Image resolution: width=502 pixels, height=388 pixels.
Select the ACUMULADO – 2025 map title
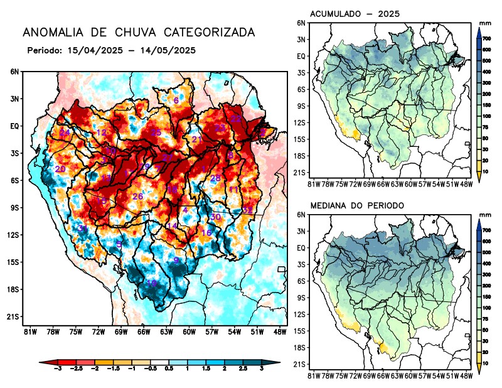click(x=355, y=14)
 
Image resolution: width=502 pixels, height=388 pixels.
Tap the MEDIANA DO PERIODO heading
click(x=358, y=205)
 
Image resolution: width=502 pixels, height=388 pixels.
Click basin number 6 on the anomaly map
click(x=176, y=100)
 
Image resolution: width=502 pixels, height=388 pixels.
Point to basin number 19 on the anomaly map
click(x=151, y=284)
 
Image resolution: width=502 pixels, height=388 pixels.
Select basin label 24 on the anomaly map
click(x=65, y=132)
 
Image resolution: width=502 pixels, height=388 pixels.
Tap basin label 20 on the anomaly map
click(x=60, y=169)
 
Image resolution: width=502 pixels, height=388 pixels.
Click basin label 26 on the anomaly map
click(x=138, y=197)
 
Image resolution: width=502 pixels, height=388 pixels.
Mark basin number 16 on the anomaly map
click(x=206, y=233)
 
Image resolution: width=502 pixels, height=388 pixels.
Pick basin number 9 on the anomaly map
click(x=177, y=261)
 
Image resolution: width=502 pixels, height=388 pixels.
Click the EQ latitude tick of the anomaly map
click(x=14, y=126)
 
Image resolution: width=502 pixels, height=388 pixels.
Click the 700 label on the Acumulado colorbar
click(x=486, y=39)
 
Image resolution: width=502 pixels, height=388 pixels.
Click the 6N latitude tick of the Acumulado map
click(x=301, y=23)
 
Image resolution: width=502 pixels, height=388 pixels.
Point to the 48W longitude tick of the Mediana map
click(x=466, y=375)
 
